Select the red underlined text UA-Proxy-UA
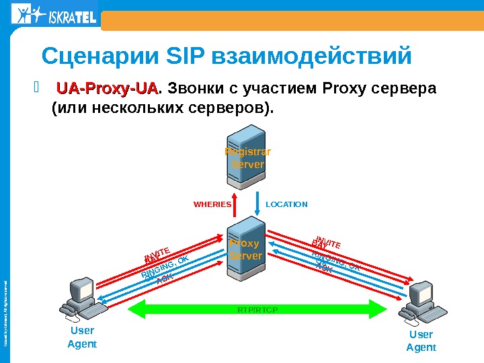108,89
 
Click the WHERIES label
212,204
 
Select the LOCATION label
287,204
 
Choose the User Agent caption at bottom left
82,337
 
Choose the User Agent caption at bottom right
421,341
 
